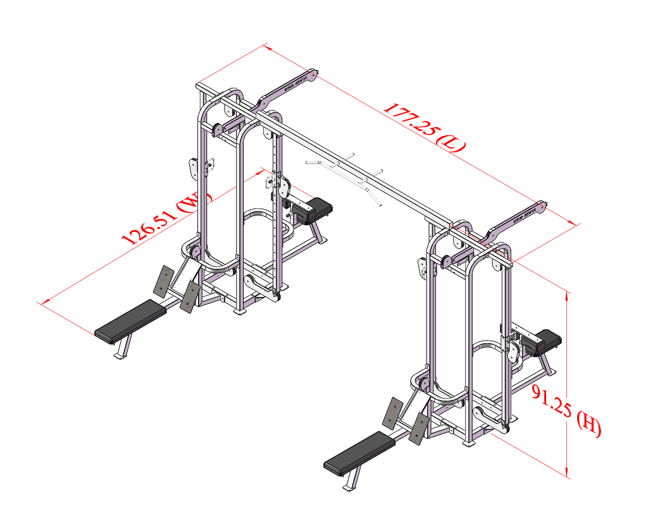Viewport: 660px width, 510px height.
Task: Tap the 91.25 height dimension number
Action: point(548,398)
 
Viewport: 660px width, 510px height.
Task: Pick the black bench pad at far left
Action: point(132,320)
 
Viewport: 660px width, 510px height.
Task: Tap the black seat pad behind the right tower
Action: point(543,341)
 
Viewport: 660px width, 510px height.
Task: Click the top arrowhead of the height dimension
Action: point(568,294)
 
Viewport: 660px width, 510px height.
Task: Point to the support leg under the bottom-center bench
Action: point(351,482)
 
